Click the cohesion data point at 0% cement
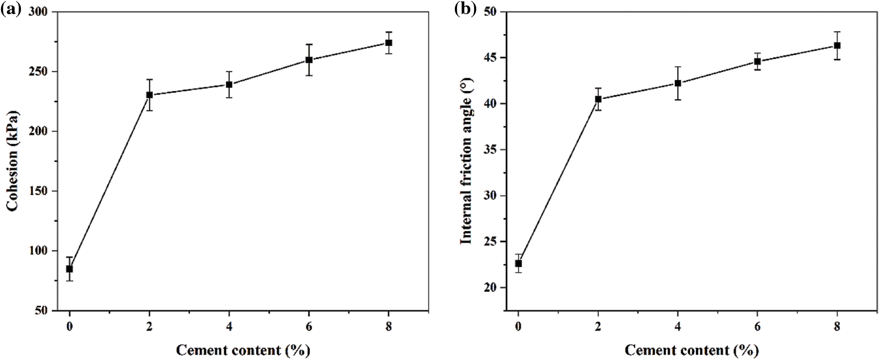click(69, 269)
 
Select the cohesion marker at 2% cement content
click(149, 95)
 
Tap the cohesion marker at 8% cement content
click(389, 43)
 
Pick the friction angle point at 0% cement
click(518, 263)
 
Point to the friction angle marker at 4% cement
click(678, 83)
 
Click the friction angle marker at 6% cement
click(757, 61)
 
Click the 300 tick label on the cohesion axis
click(40, 12)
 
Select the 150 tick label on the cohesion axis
click(40, 191)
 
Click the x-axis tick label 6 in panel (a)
click(309, 327)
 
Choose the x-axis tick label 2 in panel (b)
click(598, 327)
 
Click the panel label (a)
click(11, 9)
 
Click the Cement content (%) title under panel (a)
click(243, 350)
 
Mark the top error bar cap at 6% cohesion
click(309, 44)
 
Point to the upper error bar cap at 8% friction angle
click(837, 32)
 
